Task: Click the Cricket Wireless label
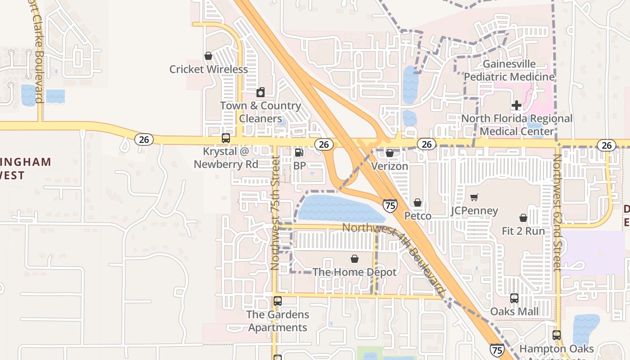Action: pyautogui.click(x=208, y=69)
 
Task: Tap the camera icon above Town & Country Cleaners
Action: pyautogui.click(x=261, y=93)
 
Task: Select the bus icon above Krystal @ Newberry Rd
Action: pyautogui.click(x=226, y=138)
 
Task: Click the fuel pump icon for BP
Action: pyautogui.click(x=299, y=153)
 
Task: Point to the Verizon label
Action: pyautogui.click(x=390, y=166)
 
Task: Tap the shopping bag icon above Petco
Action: pyautogui.click(x=418, y=203)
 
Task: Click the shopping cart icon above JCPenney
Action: pyautogui.click(x=474, y=197)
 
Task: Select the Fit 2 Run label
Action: pyautogui.click(x=523, y=231)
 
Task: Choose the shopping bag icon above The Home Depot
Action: pyautogui.click(x=355, y=259)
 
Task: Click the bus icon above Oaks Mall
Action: pyautogui.click(x=514, y=298)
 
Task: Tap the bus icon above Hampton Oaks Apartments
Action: pyautogui.click(x=557, y=335)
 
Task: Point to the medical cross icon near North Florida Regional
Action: pyautogui.click(x=517, y=105)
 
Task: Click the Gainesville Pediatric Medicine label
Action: pyautogui.click(x=509, y=70)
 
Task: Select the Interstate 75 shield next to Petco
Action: pyautogui.click(x=390, y=206)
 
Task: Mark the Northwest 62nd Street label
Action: pyautogui.click(x=557, y=212)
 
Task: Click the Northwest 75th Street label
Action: pyautogui.click(x=275, y=213)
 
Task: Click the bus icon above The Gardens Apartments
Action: pyautogui.click(x=278, y=301)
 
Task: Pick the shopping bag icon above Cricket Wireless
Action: pyautogui.click(x=208, y=56)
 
